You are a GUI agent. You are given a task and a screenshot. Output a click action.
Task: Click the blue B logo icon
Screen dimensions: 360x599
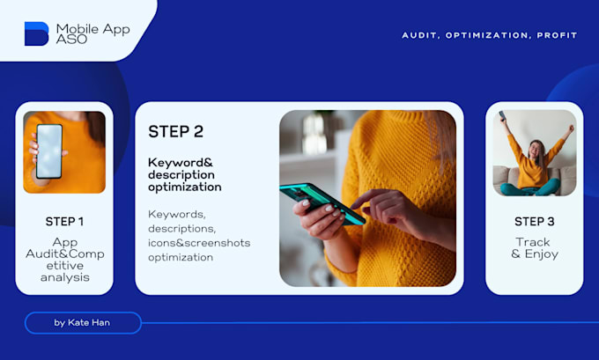click(x=36, y=33)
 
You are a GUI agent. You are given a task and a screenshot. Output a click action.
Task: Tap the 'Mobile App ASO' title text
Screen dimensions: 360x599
click(x=92, y=33)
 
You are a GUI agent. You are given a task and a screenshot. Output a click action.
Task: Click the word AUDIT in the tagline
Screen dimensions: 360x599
click(x=420, y=36)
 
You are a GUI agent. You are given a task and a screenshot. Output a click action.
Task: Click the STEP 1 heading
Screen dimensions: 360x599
click(x=64, y=221)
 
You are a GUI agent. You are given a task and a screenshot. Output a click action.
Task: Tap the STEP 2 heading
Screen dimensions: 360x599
click(x=175, y=132)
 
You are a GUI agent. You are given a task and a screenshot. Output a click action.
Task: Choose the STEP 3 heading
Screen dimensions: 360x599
click(x=534, y=220)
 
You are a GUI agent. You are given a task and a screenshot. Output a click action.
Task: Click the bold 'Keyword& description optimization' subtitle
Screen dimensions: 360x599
click(x=184, y=174)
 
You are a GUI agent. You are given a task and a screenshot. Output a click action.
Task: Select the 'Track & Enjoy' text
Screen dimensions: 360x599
click(x=534, y=248)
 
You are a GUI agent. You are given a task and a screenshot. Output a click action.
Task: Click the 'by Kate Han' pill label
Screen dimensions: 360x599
click(x=83, y=323)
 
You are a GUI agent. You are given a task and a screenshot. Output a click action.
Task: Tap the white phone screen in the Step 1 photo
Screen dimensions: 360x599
click(x=48, y=151)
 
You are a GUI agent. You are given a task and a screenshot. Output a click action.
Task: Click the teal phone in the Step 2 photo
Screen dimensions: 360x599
click(x=321, y=203)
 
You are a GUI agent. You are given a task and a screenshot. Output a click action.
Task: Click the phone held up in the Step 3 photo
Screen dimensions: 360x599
click(x=502, y=115)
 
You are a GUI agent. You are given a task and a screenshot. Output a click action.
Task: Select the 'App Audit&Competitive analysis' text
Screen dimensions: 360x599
click(x=64, y=260)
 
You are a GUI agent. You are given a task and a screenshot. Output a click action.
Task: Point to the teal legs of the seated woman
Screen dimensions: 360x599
click(x=532, y=187)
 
